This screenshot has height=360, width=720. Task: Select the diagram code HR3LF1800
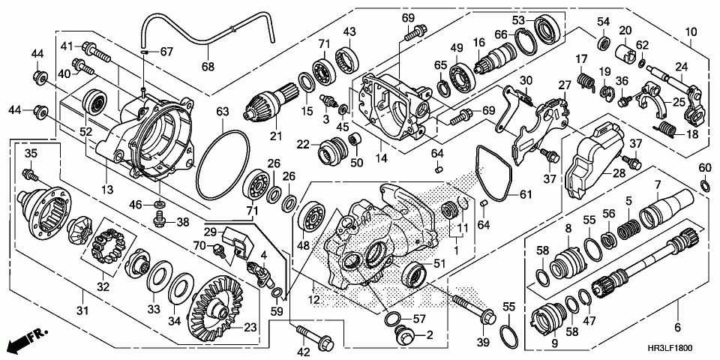pos(669,349)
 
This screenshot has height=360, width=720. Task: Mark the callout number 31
pos(82,310)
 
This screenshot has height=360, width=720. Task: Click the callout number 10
pos(691,32)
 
